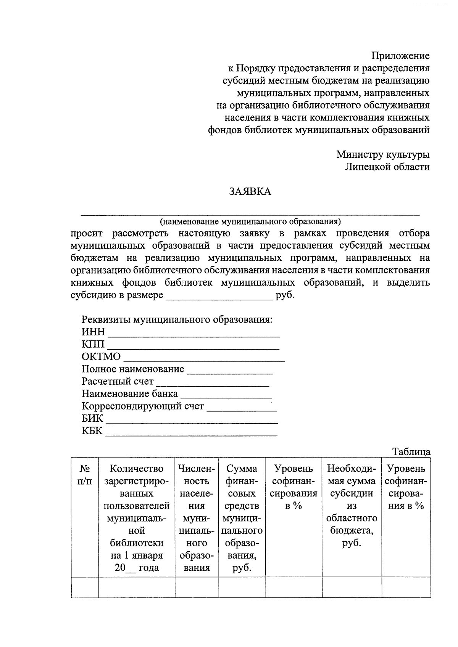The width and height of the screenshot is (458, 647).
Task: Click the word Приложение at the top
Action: pyautogui.click(x=400, y=56)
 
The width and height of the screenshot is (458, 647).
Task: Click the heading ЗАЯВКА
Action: pyautogui.click(x=250, y=191)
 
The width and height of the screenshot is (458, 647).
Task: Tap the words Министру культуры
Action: pyautogui.click(x=383, y=154)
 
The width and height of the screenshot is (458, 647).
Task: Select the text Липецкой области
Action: pyautogui.click(x=387, y=167)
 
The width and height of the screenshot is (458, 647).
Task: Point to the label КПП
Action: pyautogui.click(x=92, y=344)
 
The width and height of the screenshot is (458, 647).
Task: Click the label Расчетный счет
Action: pyautogui.click(x=118, y=381)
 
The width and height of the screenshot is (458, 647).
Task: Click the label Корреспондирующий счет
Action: pyautogui.click(x=143, y=406)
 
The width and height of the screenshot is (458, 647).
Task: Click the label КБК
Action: pyautogui.click(x=92, y=431)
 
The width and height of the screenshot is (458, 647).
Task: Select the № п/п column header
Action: pyautogui.click(x=85, y=475)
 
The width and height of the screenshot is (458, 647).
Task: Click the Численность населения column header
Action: pyautogui.click(x=197, y=518)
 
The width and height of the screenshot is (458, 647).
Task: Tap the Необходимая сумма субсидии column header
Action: pyautogui.click(x=352, y=506)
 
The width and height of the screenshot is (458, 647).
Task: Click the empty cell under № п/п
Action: pyautogui.click(x=85, y=587)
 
